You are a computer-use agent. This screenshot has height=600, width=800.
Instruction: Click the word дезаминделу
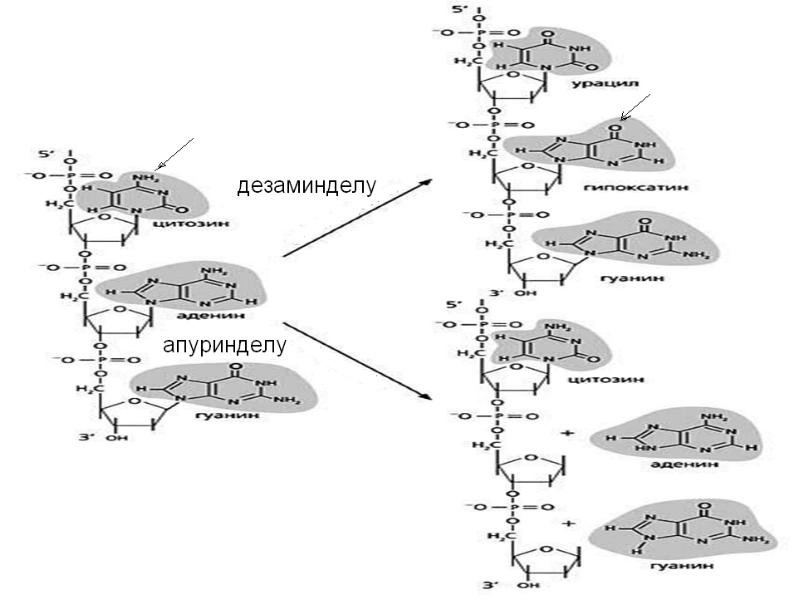(x=305, y=186)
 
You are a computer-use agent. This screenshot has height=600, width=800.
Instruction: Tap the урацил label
(x=605, y=87)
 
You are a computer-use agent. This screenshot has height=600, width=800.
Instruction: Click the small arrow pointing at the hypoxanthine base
(x=635, y=107)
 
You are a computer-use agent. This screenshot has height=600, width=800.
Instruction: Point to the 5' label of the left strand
(x=44, y=155)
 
